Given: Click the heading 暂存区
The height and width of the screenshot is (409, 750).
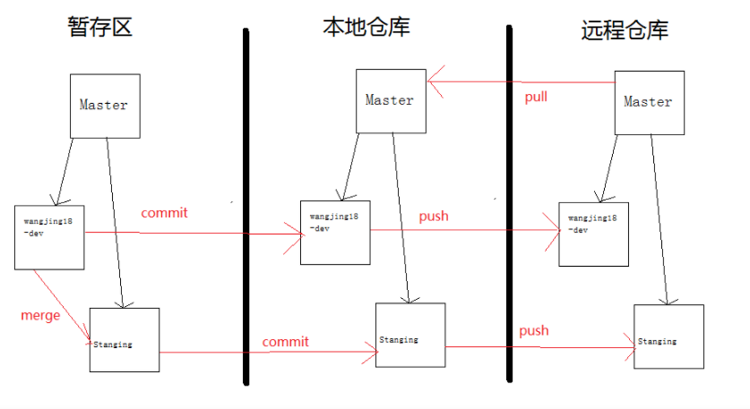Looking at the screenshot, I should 99,27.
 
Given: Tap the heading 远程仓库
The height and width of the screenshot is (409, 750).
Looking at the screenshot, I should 625,30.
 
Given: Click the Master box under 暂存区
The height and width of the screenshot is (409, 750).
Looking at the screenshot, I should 105,106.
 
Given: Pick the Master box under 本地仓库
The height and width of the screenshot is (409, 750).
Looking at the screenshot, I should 390,100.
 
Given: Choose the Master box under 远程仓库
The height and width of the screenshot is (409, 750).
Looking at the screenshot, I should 649,102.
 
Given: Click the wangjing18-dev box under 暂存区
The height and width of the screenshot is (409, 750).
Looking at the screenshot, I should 49,237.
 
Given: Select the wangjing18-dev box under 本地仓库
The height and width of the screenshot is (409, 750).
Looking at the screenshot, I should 335,233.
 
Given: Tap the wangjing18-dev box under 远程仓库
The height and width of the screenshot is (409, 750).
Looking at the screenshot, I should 593,234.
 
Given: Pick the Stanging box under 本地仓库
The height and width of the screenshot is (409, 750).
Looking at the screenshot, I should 410,335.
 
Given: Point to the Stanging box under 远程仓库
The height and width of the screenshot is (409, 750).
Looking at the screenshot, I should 668,337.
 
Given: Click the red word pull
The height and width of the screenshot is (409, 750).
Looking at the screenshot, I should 536,97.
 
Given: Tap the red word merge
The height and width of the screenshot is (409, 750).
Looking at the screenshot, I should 40,315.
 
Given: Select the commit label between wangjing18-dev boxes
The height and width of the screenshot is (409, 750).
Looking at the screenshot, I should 165,213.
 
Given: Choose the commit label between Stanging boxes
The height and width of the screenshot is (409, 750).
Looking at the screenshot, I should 285,342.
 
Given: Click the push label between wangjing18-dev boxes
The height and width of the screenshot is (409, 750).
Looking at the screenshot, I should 434,216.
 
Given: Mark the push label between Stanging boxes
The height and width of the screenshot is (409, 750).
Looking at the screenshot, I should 533,330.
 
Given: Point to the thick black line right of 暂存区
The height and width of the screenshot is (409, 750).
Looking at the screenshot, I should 246,206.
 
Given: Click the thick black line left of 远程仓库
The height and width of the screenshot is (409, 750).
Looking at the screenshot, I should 509,206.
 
